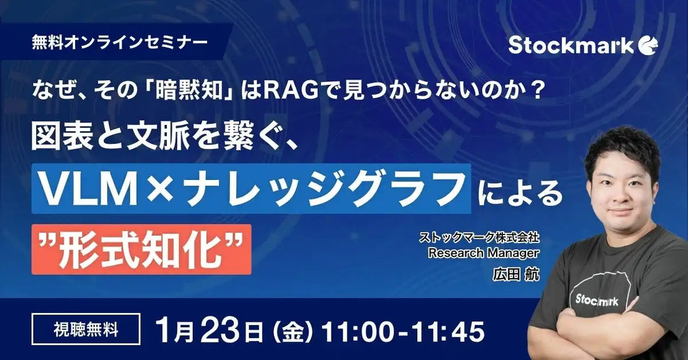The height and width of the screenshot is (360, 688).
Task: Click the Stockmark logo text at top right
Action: (x=570, y=45)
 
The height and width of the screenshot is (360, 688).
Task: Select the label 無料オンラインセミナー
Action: (x=120, y=43)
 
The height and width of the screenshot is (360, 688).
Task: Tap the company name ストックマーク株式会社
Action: (x=479, y=238)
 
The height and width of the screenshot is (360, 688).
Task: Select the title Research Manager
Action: (x=483, y=253)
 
